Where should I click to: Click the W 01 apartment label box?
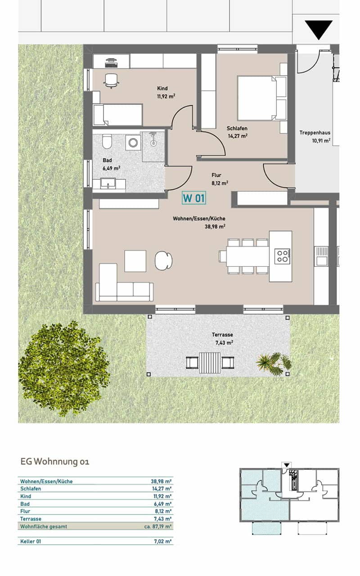pyautogui.click(x=193, y=198)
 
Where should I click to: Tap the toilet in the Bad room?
pyautogui.click(x=107, y=141)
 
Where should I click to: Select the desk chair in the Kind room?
pyautogui.click(x=111, y=81)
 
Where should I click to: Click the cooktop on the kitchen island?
pyautogui.click(x=282, y=256)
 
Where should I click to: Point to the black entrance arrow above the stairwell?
pyautogui.click(x=319, y=30)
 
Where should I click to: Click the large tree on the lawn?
pyautogui.click(x=64, y=368)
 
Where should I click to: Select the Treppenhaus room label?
pyautogui.click(x=315, y=136)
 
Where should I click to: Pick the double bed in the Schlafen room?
pyautogui.click(x=261, y=98)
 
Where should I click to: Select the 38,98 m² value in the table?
pyautogui.click(x=161, y=481)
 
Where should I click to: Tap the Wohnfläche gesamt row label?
pyautogui.click(x=44, y=526)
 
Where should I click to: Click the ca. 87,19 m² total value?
pyautogui.click(x=157, y=526)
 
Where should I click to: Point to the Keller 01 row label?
pyautogui.click(x=31, y=541)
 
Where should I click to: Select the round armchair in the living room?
pyautogui.click(x=163, y=261)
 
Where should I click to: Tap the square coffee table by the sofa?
pyautogui.click(x=135, y=261)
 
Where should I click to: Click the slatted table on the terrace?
pyautogui.click(x=210, y=363)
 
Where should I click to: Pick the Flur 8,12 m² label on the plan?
pyautogui.click(x=220, y=179)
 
